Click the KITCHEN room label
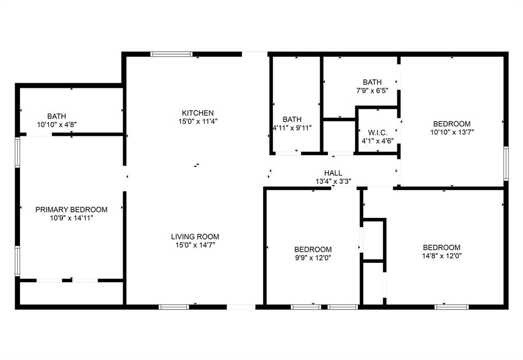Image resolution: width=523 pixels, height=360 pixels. point(198,113)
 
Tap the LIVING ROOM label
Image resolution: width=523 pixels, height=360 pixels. point(195,236)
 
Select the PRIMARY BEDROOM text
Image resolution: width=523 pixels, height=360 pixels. point(72,210)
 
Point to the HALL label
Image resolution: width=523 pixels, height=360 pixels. point(333,173)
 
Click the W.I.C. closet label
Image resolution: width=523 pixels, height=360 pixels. point(377,133)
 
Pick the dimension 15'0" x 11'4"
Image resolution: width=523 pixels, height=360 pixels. point(198,122)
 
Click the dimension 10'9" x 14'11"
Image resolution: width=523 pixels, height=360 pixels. point(72,218)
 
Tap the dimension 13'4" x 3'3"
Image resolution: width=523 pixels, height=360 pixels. point(333,181)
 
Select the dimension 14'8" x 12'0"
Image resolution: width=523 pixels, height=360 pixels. point(442,256)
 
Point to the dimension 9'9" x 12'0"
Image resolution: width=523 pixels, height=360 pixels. point(313,258)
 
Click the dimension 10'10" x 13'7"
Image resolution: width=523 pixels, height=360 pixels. point(452,132)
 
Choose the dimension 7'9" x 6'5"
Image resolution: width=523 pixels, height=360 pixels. point(372,90)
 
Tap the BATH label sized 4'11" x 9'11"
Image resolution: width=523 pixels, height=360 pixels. point(292,119)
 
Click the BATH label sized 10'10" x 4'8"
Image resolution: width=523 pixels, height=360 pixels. point(57,116)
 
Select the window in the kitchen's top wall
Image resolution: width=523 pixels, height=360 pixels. point(172,54)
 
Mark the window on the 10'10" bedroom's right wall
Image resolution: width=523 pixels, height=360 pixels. point(506,164)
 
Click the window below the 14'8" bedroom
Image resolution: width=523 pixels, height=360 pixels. point(451,307)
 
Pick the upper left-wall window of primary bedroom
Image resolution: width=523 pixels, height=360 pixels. point(17,152)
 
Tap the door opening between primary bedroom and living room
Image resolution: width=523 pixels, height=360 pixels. point(125,178)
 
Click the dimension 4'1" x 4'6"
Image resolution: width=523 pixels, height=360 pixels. point(377,141)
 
